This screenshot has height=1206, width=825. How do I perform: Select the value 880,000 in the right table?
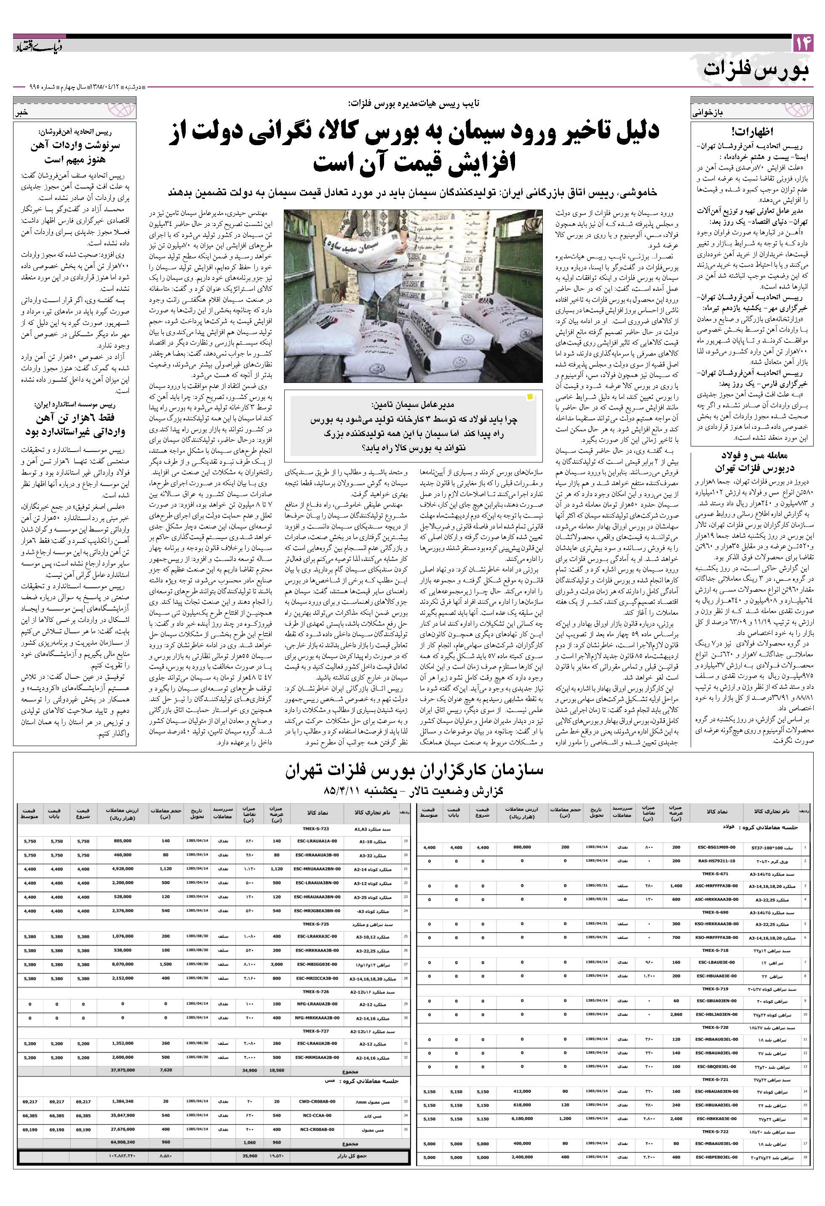tap(522, 847)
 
